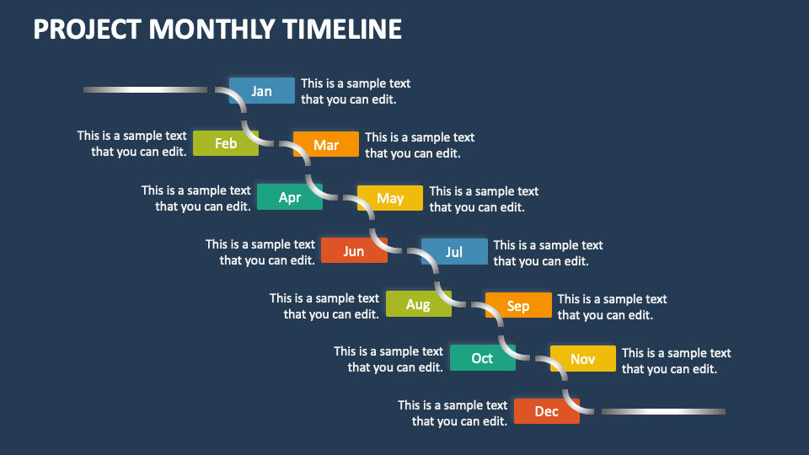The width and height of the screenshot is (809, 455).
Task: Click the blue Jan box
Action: click(262, 91)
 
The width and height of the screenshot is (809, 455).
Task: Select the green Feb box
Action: click(226, 143)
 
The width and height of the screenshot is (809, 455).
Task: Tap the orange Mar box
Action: click(326, 145)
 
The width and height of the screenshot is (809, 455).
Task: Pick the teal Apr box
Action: click(290, 197)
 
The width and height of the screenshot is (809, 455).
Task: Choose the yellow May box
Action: click(390, 198)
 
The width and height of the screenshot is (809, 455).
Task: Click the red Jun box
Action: click(354, 251)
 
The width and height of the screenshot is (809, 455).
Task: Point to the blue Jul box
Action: click(454, 252)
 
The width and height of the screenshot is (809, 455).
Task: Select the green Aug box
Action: click(418, 304)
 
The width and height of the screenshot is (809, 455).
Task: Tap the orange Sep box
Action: click(518, 306)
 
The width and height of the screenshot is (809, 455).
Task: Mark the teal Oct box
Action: click(482, 358)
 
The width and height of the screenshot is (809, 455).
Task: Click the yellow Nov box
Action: click(583, 359)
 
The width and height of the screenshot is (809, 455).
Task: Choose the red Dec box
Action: click(547, 411)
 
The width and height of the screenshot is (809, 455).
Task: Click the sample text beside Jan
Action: click(356, 91)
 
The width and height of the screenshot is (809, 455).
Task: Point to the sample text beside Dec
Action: click(453, 413)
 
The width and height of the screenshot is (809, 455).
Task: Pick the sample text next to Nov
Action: click(676, 361)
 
